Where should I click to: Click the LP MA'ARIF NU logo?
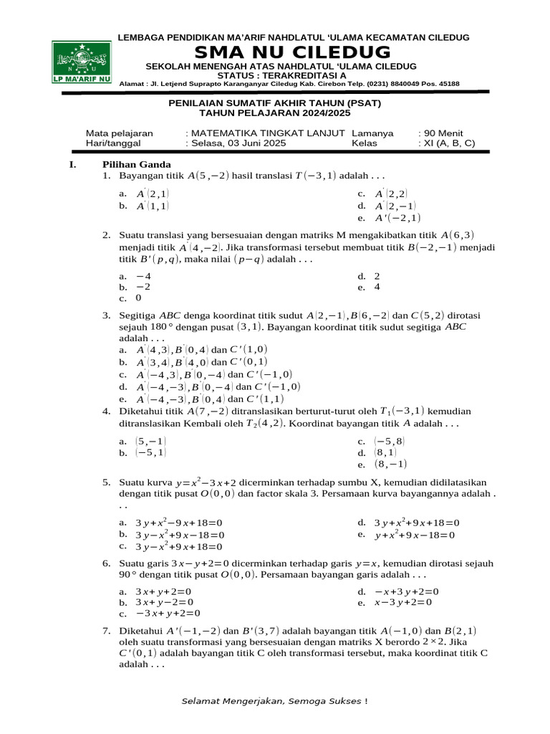(x=81, y=62)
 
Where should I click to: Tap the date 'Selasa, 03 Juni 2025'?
(x=236, y=143)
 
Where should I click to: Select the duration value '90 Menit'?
(x=441, y=133)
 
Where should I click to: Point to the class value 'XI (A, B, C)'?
(x=447, y=143)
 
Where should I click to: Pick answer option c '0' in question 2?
(x=132, y=298)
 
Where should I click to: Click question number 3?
(x=106, y=315)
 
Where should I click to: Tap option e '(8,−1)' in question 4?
(x=384, y=464)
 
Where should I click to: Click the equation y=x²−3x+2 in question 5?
(x=214, y=483)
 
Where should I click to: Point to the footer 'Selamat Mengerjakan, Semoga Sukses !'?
(x=274, y=701)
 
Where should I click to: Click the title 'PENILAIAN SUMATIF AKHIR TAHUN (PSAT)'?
(x=274, y=103)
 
